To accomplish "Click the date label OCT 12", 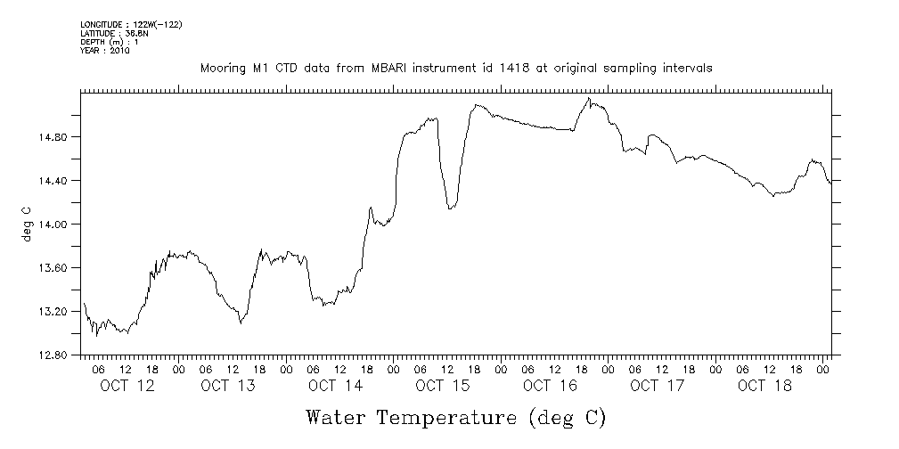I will coord(127,386).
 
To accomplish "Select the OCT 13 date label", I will coord(228,386).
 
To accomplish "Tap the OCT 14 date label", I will coord(335,386).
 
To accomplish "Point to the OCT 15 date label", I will coord(442,386).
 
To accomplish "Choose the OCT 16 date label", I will coord(550,386).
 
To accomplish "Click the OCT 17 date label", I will coord(657,386).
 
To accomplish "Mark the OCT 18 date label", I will coord(764,386).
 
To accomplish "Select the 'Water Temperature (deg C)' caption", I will coord(455,418).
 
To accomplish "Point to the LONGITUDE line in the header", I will coord(131,24).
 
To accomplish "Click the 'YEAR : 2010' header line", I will coord(105,51).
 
